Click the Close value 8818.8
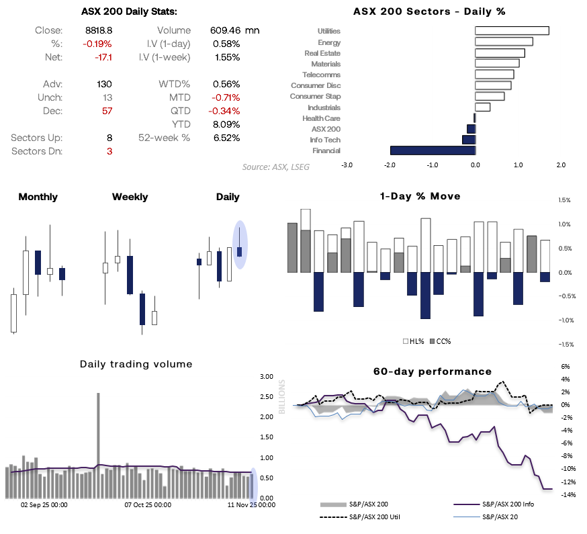coord(99,30)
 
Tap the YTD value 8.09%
coord(226,124)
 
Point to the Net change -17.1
coord(102,57)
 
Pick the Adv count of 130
coord(104,84)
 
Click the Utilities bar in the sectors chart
coord(512,31)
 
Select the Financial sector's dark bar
coord(433,150)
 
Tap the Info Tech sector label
coord(326,140)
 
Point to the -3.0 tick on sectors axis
coord(347,164)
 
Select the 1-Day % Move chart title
coord(420,196)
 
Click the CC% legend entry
coord(440,341)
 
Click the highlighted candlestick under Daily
coord(240,248)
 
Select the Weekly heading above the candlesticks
coord(130,197)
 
